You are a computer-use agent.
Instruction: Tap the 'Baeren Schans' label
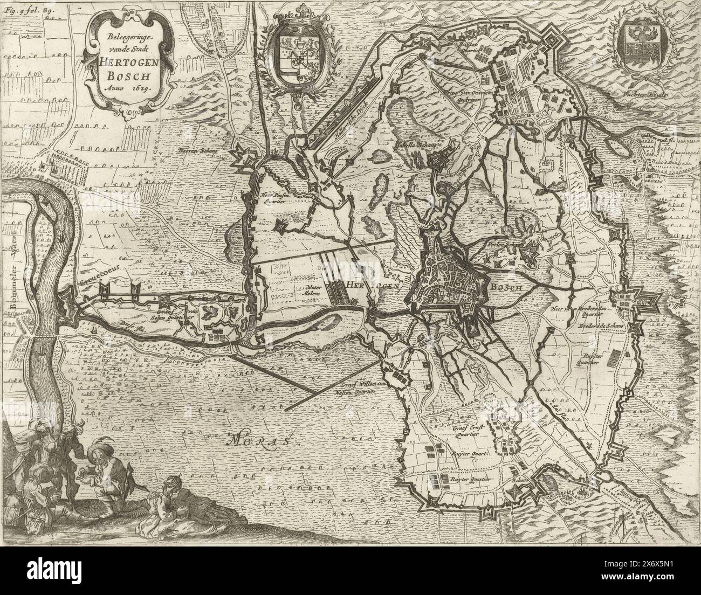(x=197, y=152)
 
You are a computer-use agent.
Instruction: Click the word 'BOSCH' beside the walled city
(x=505, y=288)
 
